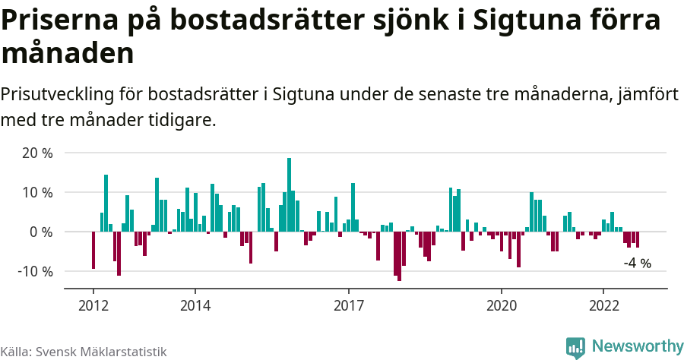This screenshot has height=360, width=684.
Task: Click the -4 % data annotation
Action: pos(637,264)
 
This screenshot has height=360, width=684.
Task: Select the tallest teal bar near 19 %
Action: pos(289,194)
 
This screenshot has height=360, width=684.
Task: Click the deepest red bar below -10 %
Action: pos(399,256)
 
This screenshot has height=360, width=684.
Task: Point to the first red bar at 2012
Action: pos(93,250)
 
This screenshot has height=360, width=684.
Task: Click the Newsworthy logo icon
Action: pos(575,347)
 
